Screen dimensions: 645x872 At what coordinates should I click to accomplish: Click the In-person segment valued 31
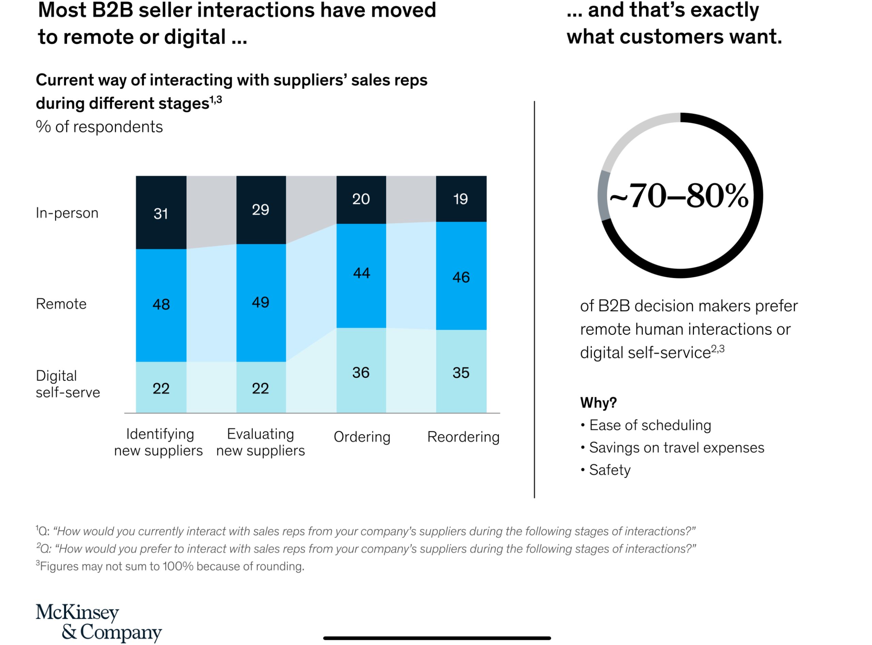pos(161,213)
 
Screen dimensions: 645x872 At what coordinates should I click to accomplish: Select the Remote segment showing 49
pos(261,303)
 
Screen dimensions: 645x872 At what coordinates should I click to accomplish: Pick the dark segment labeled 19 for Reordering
pos(461,199)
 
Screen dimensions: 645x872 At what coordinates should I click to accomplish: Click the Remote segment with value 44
pos(361,273)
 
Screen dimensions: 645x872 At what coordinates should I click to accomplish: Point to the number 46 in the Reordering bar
pos(461,277)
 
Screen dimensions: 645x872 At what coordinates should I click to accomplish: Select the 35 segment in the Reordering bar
pos(461,372)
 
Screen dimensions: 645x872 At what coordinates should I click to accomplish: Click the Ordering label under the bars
pos(362,437)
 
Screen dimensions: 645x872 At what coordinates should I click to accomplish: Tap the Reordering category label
pos(463,437)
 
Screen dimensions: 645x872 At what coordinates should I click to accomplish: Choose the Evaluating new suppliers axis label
pos(261,442)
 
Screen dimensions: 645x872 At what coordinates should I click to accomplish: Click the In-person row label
pos(67,213)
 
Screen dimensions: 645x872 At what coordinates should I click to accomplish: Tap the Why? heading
pos(598,403)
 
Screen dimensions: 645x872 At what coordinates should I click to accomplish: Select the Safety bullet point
pos(609,470)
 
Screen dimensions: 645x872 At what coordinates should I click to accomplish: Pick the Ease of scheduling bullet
pos(650,425)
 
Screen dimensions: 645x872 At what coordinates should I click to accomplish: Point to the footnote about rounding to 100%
pos(170,566)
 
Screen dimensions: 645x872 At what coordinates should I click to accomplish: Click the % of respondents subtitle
pos(99,127)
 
